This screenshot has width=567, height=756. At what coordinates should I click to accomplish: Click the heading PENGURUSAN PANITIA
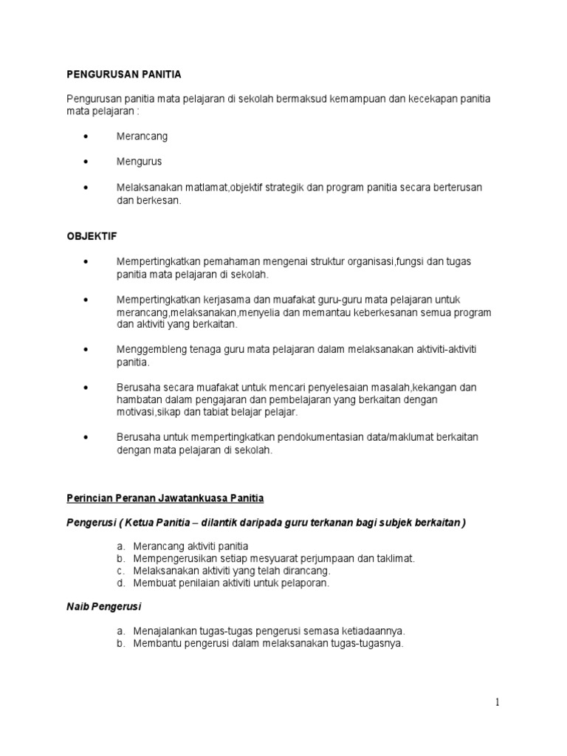(124, 75)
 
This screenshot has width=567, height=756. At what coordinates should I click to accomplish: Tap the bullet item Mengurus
(139, 161)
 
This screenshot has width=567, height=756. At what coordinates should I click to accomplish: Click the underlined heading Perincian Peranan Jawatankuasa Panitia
(165, 498)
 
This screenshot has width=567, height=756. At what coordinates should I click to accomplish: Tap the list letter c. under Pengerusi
(120, 571)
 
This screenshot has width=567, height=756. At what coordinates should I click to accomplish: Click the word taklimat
(393, 558)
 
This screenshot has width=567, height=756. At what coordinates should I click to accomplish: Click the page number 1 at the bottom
(498, 703)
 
